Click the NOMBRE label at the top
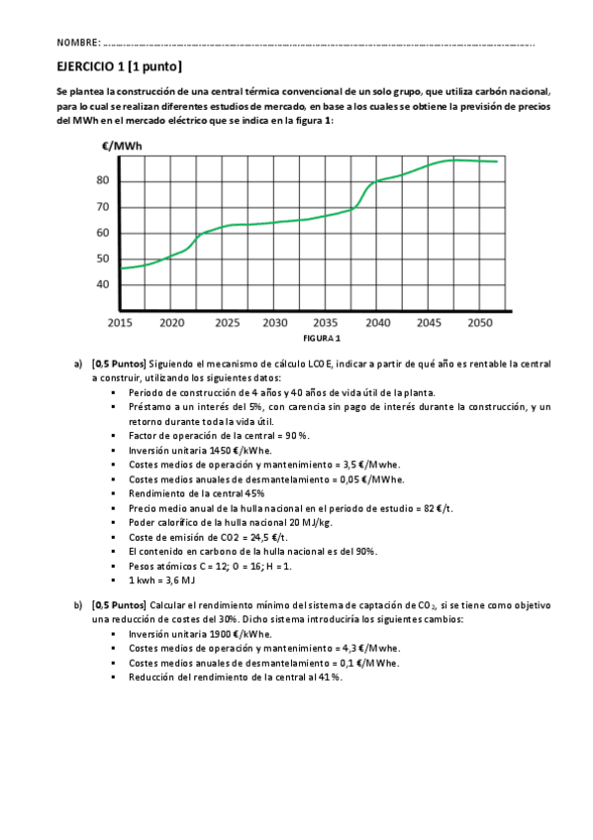point(78,44)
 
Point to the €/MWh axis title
point(122,147)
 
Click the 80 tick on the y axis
point(103,180)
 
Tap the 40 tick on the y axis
point(103,284)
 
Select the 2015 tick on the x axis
point(120,323)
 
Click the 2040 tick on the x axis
point(377,323)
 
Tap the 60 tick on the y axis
point(103,233)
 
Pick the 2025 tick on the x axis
point(223,323)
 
